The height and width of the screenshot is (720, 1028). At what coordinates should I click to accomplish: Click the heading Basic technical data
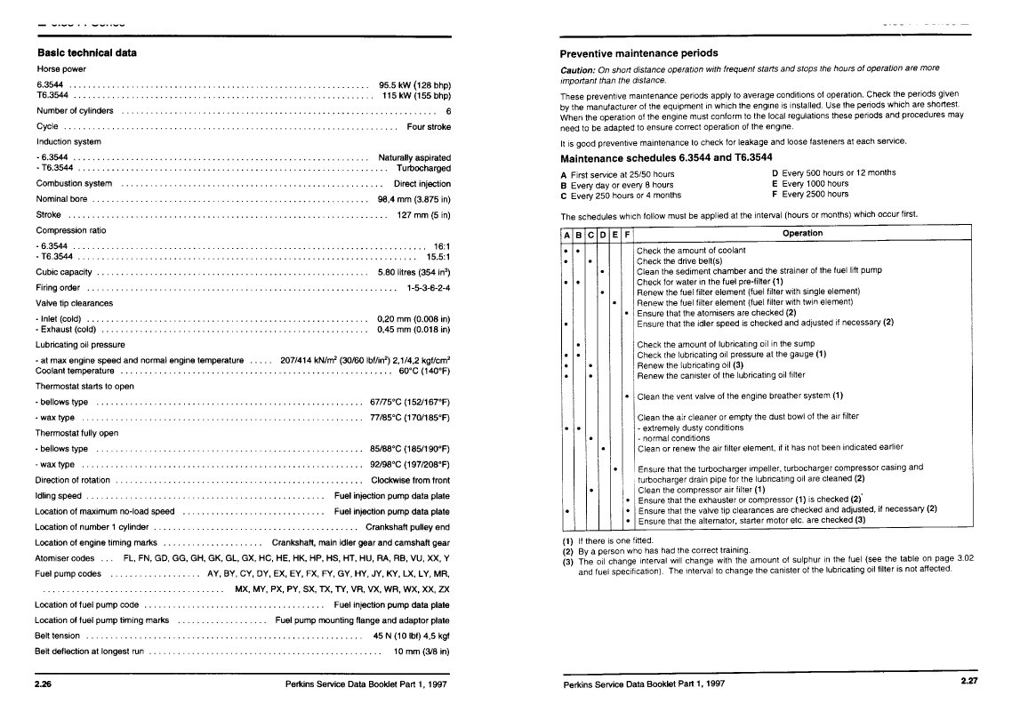86,52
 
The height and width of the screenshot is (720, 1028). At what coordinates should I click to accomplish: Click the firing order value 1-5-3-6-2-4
429,288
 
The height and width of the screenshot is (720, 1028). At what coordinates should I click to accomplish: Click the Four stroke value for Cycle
429,126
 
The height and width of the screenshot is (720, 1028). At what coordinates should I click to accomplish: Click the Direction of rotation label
73,480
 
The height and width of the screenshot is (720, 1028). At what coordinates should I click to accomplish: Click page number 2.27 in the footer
968,682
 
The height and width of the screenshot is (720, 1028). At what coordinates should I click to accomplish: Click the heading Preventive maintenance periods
638,53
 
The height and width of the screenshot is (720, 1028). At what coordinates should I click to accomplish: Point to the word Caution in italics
579,69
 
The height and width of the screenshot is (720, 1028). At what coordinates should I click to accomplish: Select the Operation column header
802,234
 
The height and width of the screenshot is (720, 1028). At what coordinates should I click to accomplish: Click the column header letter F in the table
627,235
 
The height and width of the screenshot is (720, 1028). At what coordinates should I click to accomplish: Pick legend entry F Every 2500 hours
810,194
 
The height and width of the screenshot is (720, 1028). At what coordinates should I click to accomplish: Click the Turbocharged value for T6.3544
423,168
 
